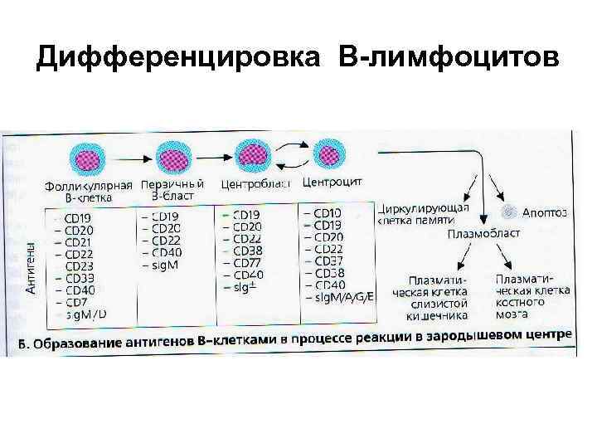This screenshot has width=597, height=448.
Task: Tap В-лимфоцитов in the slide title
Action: click(x=448, y=58)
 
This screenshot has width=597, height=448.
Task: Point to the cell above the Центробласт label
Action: click(x=253, y=154)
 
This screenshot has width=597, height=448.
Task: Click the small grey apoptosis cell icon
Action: click(x=512, y=212)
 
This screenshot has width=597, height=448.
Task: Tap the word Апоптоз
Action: click(x=547, y=212)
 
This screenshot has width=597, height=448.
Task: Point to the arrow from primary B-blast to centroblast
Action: click(x=212, y=155)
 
